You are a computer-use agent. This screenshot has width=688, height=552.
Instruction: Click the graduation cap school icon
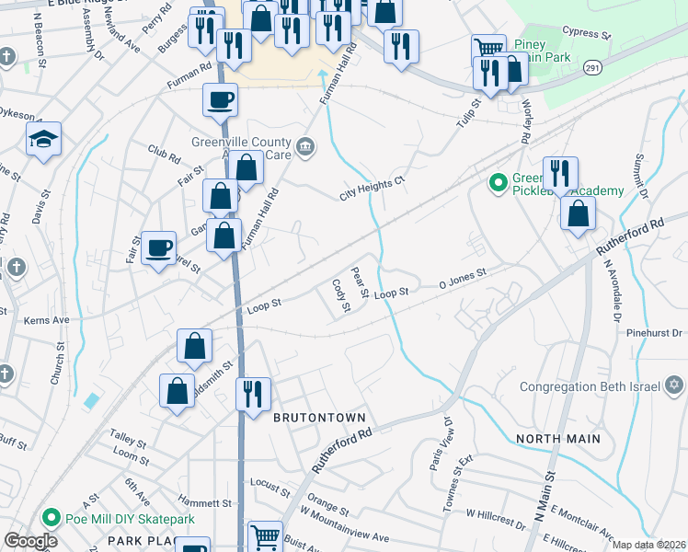point(43,140)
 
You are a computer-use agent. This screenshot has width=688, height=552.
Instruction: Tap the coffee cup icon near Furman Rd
point(220,98)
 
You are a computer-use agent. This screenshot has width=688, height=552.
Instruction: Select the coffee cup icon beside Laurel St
point(159,247)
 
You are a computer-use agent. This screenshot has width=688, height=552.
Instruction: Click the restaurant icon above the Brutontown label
point(253,394)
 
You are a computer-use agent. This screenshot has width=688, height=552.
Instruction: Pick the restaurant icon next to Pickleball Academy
point(559,173)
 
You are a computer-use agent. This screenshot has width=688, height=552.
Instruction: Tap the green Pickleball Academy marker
point(498,184)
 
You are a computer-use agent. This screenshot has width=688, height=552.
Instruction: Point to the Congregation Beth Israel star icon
point(673,386)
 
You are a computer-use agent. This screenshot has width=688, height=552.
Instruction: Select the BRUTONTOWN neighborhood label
point(313,417)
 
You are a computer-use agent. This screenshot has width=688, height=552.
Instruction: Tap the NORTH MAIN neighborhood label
point(558,439)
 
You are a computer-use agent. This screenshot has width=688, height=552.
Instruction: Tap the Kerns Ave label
point(49,320)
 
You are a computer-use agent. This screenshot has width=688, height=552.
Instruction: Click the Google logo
point(30,541)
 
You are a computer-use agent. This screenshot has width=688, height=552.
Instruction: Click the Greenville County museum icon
point(304,144)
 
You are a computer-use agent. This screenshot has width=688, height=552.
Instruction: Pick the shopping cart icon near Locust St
point(265,535)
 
